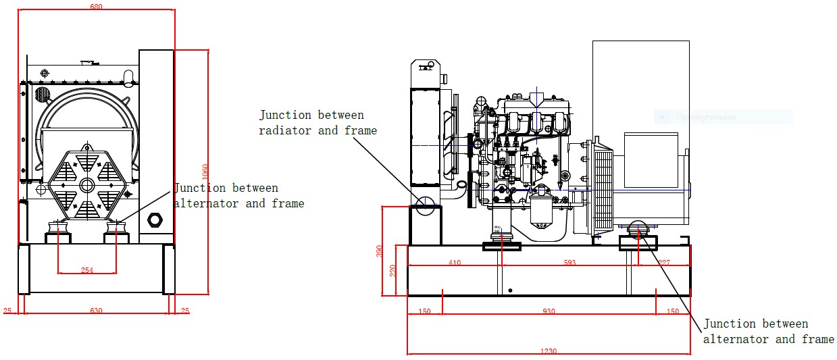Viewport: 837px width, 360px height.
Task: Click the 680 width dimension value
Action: pos(96,7)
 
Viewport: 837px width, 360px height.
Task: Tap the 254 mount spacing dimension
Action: pos(87,270)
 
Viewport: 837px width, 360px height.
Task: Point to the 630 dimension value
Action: pos(96,311)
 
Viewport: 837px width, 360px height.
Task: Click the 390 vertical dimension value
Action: pos(380,251)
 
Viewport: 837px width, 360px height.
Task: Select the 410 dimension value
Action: pos(454,263)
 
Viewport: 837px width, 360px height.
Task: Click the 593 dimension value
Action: pos(569,263)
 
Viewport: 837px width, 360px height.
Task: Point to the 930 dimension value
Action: pos(549,311)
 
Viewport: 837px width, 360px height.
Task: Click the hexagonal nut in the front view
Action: pos(155,220)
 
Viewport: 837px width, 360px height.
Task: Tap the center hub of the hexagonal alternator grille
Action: pos(86,184)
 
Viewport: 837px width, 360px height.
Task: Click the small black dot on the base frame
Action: pos(510,290)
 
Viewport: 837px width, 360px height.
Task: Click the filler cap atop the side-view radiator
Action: pos(426,66)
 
